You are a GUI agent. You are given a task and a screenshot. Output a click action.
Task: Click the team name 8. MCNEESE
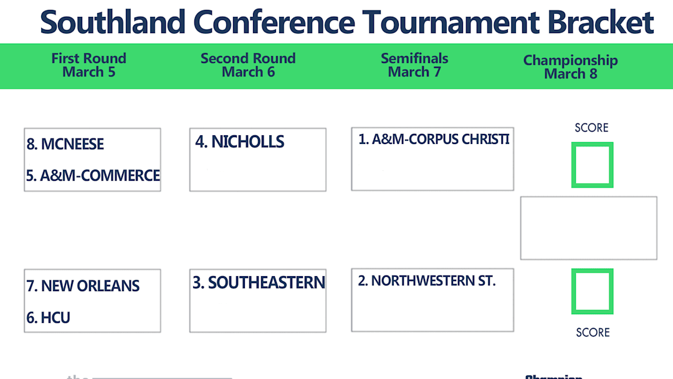65,144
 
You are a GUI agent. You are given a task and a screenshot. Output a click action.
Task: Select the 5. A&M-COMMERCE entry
93,176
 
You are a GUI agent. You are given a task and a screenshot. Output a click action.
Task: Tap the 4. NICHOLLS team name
239,142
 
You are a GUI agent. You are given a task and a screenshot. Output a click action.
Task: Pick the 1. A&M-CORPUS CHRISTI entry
434,140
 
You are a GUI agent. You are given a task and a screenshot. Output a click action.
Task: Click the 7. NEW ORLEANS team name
83,286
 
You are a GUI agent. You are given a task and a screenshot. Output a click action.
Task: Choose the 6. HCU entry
48,318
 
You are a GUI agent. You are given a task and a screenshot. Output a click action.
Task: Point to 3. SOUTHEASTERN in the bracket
259,283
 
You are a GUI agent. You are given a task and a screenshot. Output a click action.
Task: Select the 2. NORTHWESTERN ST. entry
427,281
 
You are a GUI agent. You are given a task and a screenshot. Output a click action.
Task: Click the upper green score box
592,165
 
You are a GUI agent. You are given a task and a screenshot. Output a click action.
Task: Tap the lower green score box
592,291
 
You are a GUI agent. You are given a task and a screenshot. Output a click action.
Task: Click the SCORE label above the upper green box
591,128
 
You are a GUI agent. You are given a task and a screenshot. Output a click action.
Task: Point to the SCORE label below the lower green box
593,333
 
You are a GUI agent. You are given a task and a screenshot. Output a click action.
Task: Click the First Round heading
88,59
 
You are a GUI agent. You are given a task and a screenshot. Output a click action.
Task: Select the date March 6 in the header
248,72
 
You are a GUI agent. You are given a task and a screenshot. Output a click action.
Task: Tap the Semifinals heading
414,59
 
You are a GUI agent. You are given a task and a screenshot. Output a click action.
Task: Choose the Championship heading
570,60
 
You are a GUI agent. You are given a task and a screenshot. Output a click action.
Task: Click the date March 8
570,74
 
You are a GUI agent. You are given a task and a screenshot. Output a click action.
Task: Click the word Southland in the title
113,22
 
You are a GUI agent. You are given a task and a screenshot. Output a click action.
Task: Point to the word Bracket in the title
601,22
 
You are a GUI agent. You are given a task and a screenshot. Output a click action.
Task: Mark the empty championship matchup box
588,228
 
